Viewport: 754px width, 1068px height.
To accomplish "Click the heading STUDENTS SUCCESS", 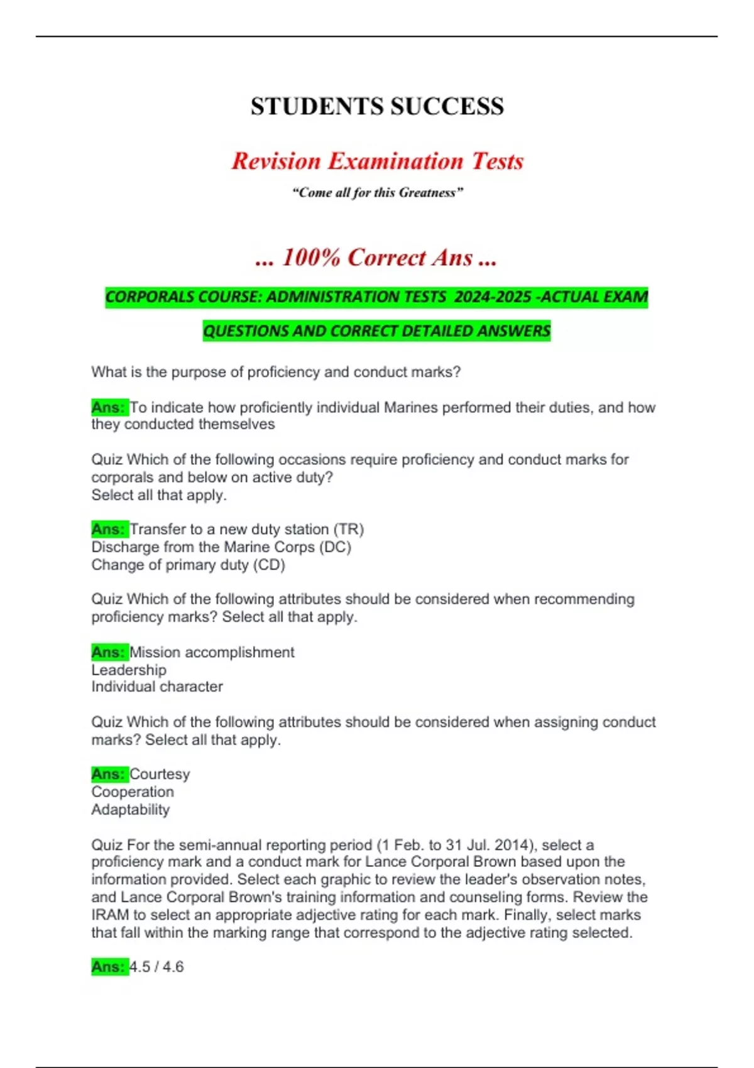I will pos(377,106).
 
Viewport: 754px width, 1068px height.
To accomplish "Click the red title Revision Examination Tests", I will pos(377,161).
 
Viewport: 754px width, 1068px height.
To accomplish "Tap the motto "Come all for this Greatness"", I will pos(377,193).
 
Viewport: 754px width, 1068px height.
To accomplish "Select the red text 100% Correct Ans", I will pos(377,258).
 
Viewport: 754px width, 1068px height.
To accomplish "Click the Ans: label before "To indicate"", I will pos(109,408).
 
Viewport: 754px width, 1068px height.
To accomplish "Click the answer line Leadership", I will pos(129,670).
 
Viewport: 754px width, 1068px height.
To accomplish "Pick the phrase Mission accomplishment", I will pos(212,652).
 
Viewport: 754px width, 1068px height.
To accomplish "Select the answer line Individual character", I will pos(157,687).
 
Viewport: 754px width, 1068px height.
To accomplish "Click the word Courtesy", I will pos(160,774).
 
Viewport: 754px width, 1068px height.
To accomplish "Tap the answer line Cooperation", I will pos(133,792).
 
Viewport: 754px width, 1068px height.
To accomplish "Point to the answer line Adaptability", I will pos(131,809).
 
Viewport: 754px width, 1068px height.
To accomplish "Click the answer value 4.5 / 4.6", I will pos(156,967).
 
